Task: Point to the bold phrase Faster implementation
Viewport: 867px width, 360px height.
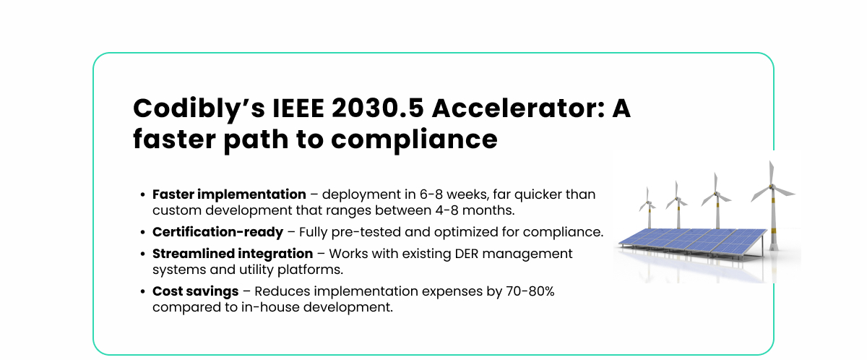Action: pyautogui.click(x=229, y=194)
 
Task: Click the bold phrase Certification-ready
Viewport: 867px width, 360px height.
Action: pyautogui.click(x=217, y=232)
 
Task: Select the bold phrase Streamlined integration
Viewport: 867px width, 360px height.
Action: pyautogui.click(x=233, y=254)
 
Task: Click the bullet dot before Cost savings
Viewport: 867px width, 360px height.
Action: pyautogui.click(x=143, y=291)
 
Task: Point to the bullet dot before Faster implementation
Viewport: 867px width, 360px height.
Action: pyautogui.click(x=143, y=195)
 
